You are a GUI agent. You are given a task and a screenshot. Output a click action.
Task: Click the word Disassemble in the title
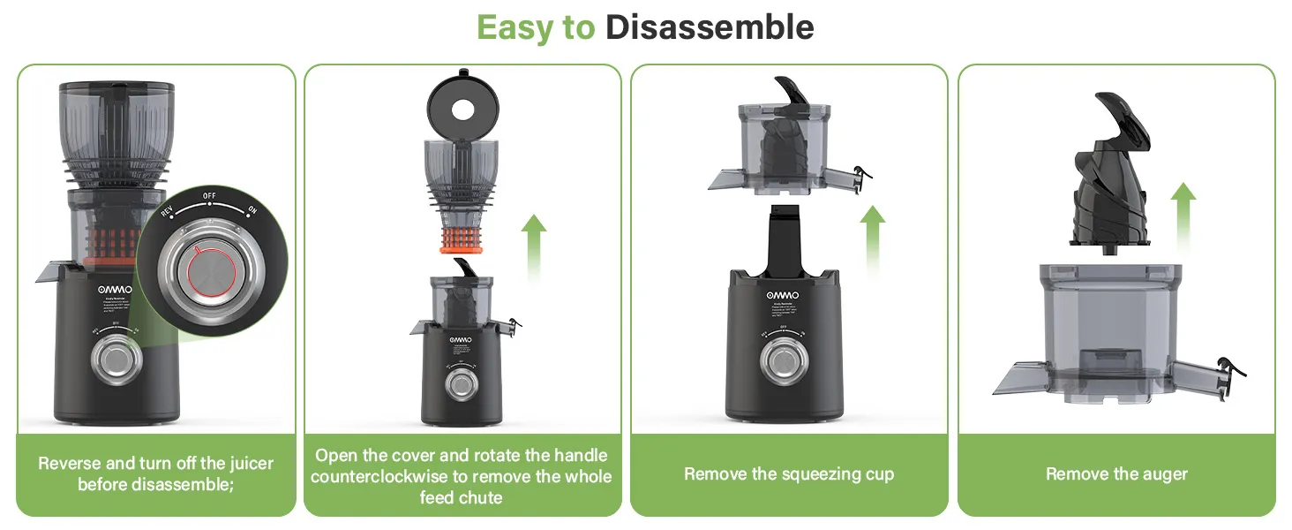[x=709, y=27]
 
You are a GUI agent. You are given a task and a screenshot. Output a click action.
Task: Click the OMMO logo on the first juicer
[x=114, y=290]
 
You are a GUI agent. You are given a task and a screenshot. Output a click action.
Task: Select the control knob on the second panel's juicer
[x=460, y=383]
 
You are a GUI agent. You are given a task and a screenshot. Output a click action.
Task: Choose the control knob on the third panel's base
[x=781, y=361]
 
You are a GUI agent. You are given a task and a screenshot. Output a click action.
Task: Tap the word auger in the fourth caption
[x=1164, y=474]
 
